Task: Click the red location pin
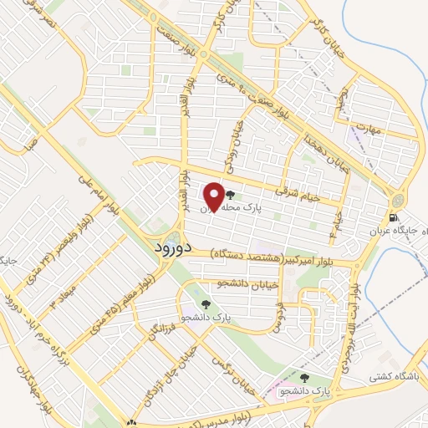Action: [x=213, y=195]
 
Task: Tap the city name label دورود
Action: [x=173, y=248]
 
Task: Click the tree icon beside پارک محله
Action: [x=230, y=195]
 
